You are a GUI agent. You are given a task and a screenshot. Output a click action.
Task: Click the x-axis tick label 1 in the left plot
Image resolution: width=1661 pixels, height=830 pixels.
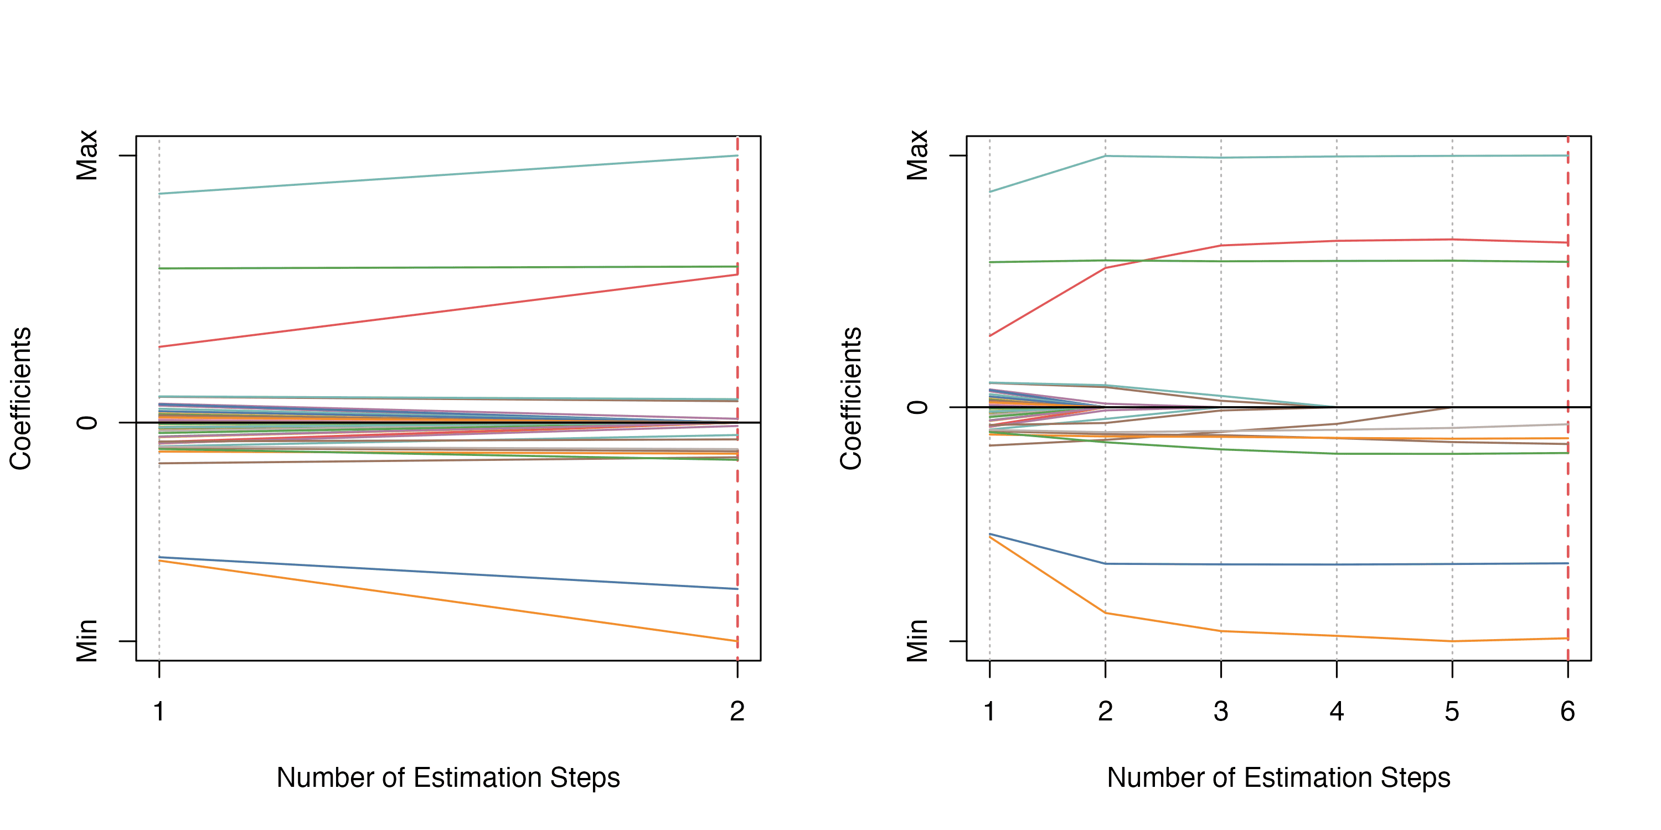(158, 712)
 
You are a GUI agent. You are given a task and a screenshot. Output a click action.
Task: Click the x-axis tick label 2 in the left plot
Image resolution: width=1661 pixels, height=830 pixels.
(737, 712)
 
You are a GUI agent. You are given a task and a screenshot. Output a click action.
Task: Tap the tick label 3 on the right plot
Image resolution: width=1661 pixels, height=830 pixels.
(1221, 712)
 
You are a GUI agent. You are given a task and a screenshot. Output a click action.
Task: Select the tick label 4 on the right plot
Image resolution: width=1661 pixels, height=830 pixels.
(1337, 712)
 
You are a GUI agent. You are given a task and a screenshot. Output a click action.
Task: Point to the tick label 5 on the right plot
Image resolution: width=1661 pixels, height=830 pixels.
(1452, 712)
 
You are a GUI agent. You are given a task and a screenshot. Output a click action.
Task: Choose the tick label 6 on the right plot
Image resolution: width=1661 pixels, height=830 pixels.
(1567, 712)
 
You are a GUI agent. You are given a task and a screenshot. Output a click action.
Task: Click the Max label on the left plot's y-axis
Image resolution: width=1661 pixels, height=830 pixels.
(87, 155)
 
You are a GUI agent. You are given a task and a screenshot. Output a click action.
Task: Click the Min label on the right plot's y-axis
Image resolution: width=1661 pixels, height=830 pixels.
(917, 641)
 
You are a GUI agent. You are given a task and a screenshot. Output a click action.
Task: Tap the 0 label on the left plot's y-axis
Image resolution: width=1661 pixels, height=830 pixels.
(87, 423)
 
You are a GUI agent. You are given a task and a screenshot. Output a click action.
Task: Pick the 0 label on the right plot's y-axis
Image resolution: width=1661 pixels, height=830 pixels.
(917, 407)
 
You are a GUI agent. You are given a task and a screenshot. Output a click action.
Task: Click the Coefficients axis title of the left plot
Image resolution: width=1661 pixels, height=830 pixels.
(20, 398)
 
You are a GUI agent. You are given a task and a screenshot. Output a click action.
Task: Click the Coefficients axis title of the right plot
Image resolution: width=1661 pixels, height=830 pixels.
(851, 398)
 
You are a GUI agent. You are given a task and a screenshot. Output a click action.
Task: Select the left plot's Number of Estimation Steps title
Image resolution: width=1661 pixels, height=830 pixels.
(448, 778)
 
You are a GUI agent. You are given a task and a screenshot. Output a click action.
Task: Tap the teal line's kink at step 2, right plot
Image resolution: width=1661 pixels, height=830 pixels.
(1105, 156)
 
